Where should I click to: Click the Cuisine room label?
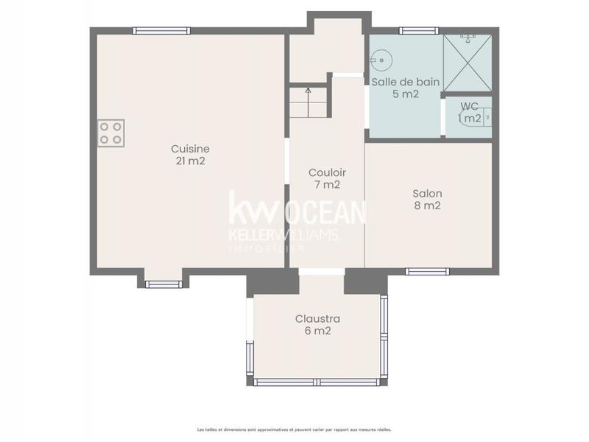click(191, 148)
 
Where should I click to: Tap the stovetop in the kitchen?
click(111, 133)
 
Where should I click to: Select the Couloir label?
click(327, 172)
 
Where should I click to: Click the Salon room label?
click(427, 194)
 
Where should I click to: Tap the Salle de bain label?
click(406, 82)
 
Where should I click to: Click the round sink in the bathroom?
click(381, 57)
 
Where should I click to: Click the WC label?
click(469, 106)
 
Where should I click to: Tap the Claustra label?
click(317, 318)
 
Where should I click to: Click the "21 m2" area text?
click(191, 161)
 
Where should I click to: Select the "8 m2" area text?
click(427, 206)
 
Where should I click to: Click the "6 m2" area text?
click(317, 331)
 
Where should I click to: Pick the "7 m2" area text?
click(327, 185)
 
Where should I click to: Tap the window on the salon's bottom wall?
click(427, 271)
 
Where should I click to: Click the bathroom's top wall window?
click(419, 31)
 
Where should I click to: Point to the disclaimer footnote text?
click(294, 429)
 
